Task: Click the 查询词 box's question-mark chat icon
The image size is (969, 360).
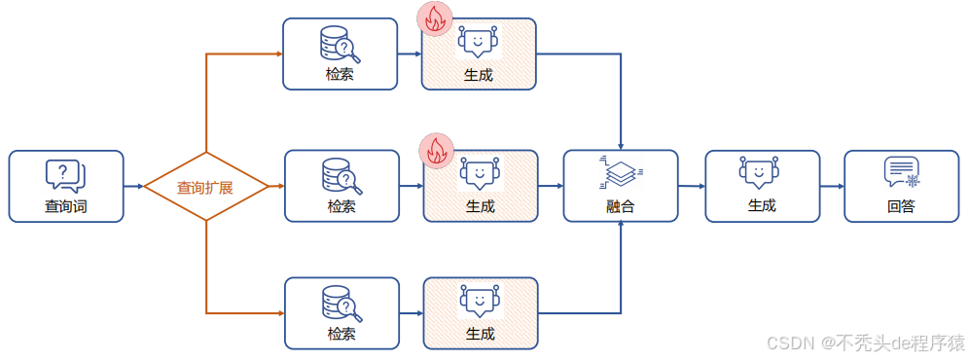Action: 65,175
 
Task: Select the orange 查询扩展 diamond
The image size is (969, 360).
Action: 204,186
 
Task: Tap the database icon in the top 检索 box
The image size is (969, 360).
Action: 340,43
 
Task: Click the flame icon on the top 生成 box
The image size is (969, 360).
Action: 434,19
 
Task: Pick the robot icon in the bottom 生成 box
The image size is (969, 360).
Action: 480,303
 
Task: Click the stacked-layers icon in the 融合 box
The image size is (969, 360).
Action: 621,172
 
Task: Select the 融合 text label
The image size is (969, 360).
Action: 621,206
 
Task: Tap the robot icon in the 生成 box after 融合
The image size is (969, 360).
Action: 761,172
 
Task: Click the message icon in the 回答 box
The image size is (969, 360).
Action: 901,172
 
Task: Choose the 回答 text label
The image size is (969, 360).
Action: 901,206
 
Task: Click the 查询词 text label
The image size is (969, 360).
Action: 65,206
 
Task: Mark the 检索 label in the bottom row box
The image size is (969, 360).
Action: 341,334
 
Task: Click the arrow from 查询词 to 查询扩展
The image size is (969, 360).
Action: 133,185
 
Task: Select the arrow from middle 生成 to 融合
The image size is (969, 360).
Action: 551,185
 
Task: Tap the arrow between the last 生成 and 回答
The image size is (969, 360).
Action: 831,185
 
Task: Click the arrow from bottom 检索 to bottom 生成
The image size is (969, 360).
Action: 411,313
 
